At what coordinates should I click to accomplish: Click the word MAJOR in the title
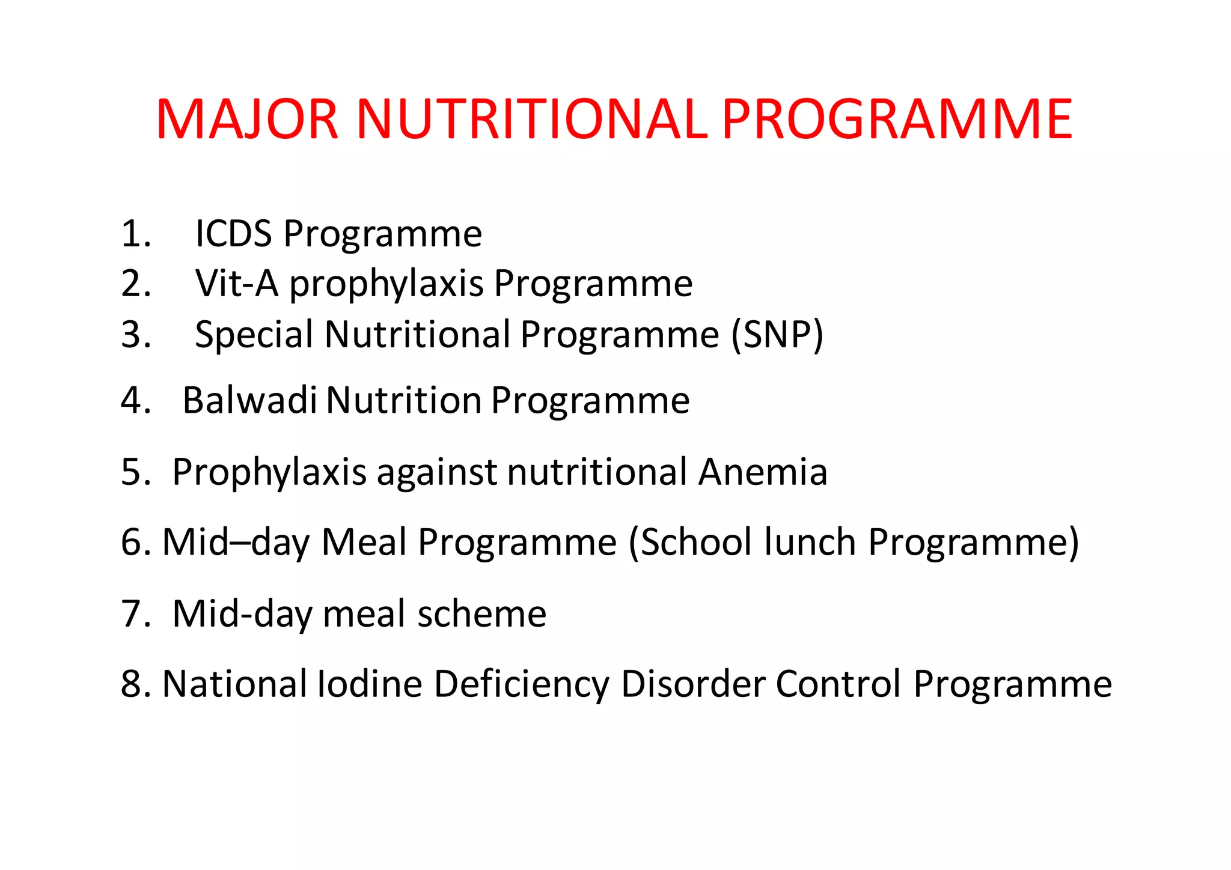[x=247, y=120]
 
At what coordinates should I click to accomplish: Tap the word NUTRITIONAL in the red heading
[x=532, y=120]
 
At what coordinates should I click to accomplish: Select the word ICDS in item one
[x=233, y=234]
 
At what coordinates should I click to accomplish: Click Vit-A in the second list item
[x=237, y=284]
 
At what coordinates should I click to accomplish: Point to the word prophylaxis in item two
[x=386, y=285]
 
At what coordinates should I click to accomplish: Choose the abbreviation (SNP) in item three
[x=777, y=335]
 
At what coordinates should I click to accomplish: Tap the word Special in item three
[x=254, y=335]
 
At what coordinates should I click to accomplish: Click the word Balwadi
[x=249, y=400]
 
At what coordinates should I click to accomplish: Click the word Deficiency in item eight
[x=522, y=685]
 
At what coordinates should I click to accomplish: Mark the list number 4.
[x=135, y=400]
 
